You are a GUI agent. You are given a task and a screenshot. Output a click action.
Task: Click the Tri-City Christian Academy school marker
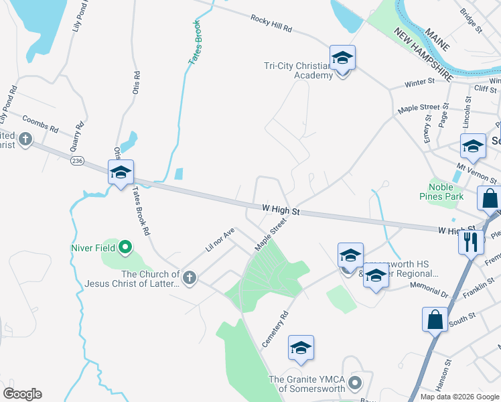pyautogui.click(x=342, y=58)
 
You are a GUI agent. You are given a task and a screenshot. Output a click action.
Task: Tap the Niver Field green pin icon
pyautogui.click(x=125, y=248)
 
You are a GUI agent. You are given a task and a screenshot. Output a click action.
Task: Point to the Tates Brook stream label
pyautogui.click(x=195, y=47)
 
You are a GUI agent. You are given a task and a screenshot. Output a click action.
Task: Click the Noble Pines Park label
pyautogui.click(x=445, y=192)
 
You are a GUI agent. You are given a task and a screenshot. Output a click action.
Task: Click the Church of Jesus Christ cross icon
pyautogui.click(x=190, y=277)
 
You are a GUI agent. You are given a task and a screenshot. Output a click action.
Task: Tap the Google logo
pyautogui.click(x=22, y=394)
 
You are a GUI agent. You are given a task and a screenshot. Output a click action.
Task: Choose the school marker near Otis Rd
pyautogui.click(x=121, y=173)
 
